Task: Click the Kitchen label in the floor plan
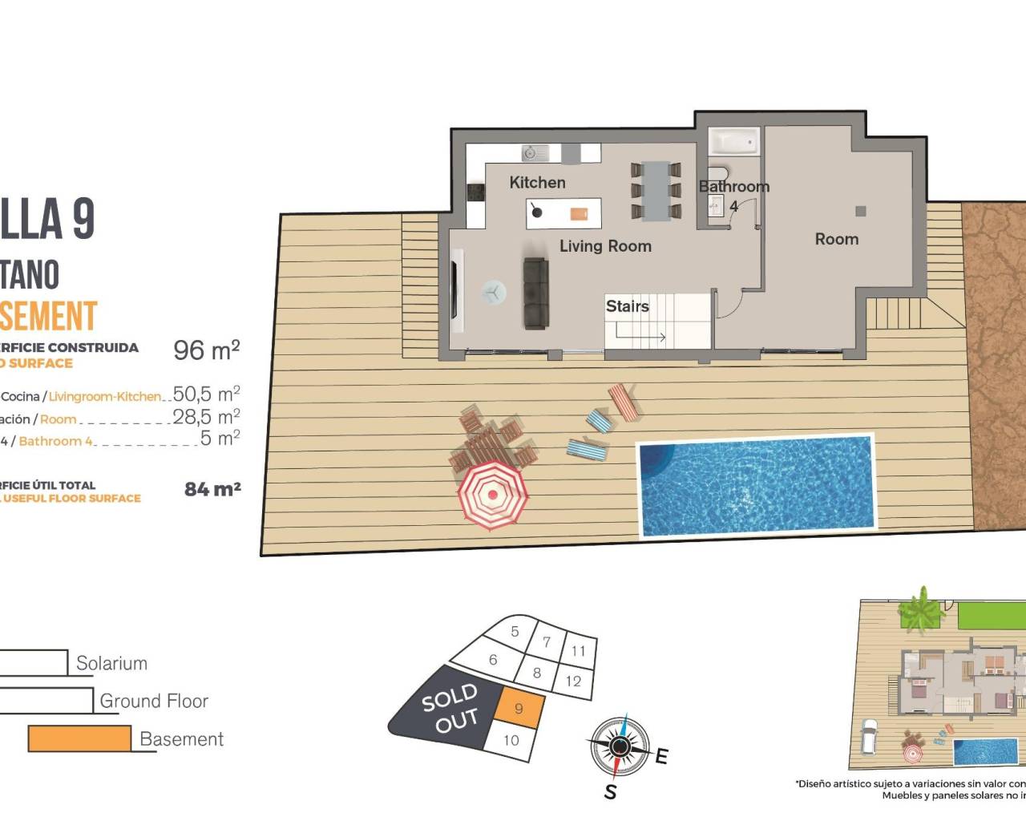click(x=537, y=183)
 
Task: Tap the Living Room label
click(x=605, y=246)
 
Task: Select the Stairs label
click(x=627, y=306)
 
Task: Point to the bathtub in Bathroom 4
click(x=734, y=142)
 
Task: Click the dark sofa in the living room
click(x=535, y=293)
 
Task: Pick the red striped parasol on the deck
click(x=492, y=494)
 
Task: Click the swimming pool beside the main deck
click(x=756, y=485)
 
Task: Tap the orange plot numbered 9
click(x=519, y=708)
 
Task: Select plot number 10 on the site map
click(x=511, y=740)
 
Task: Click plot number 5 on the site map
click(x=515, y=632)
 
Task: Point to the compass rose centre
click(x=619, y=747)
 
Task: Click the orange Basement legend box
click(x=79, y=738)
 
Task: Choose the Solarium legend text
click(x=111, y=663)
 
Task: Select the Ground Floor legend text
click(x=154, y=701)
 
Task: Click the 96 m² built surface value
click(x=207, y=350)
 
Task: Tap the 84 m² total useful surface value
click(x=212, y=489)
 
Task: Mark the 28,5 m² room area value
click(x=206, y=416)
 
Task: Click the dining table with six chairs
click(x=656, y=191)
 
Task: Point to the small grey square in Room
click(x=860, y=212)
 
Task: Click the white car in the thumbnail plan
click(x=868, y=738)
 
